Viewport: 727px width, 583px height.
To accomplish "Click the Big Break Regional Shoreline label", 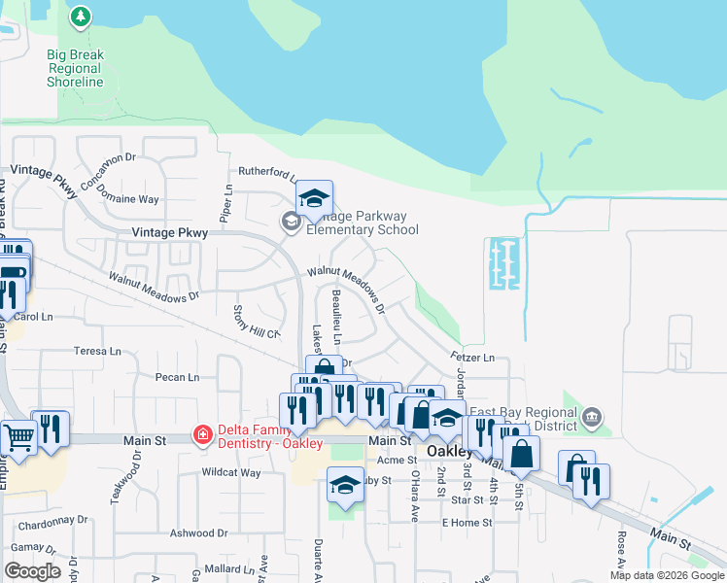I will point(75,68).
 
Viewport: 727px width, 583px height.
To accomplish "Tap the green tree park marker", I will point(81,17).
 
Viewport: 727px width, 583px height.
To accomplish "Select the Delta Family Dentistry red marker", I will point(202,434).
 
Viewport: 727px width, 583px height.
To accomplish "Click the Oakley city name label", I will point(450,453).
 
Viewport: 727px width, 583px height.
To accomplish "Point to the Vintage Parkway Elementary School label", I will point(362,223).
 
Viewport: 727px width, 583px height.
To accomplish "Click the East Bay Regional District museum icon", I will point(592,419).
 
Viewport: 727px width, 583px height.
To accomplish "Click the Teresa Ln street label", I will point(100,351).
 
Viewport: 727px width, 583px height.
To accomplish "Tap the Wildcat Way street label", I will point(230,473).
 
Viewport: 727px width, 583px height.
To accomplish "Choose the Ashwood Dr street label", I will point(198,532).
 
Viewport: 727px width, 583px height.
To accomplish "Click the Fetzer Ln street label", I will point(472,358).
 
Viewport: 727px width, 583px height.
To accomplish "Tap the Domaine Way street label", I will point(135,199).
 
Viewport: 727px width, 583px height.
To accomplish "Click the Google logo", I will point(31,570).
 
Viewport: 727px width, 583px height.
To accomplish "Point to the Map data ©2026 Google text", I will point(666,575).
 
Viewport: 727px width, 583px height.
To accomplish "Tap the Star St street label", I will point(467,499).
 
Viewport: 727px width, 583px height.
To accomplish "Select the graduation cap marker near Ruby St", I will point(345,483).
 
